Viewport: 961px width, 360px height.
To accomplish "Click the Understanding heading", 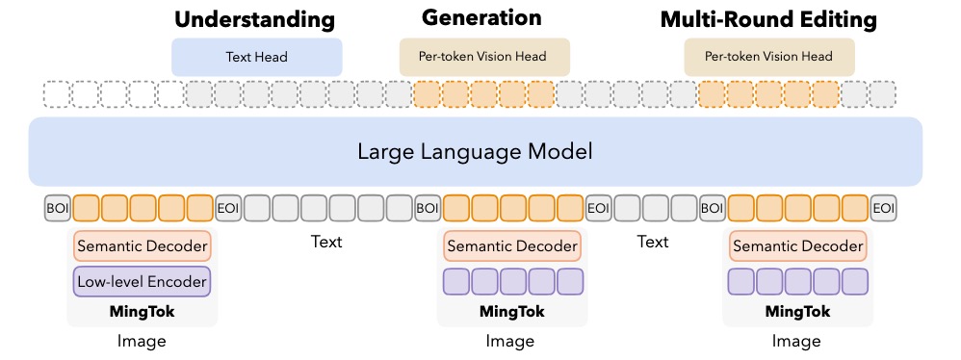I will [x=254, y=19].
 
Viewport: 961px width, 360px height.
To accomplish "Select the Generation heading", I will [x=481, y=17].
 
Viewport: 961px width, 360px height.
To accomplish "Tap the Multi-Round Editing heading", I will [x=768, y=19].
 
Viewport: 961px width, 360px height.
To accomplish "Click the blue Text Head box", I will [x=257, y=57].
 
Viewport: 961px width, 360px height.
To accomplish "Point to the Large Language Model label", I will [x=474, y=151].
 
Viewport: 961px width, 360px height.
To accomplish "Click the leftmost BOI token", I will [x=58, y=208].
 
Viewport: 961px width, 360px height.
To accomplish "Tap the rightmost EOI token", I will [x=883, y=208].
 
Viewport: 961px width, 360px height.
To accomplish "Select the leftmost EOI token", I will [x=228, y=208].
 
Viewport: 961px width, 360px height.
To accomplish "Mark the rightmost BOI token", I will [x=712, y=208].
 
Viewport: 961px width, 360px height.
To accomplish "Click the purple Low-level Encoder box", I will [x=142, y=281].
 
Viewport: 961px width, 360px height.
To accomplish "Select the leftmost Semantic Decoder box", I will [x=142, y=246].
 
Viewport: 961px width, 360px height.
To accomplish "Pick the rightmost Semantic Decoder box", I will [x=797, y=246].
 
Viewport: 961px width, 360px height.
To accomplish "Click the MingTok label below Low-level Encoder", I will [x=142, y=312].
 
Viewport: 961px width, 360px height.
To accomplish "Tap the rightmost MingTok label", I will [x=797, y=312].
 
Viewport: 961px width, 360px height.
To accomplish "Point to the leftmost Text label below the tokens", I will [x=326, y=242].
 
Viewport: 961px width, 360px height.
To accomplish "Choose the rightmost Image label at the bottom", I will [x=797, y=341].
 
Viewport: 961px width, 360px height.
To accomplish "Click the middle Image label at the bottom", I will [x=510, y=341].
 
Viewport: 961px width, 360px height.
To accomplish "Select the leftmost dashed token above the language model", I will [x=58, y=93].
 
